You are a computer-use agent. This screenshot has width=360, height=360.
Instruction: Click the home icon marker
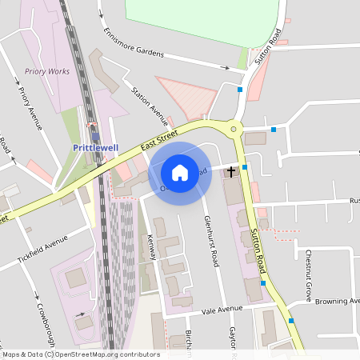[x=180, y=172]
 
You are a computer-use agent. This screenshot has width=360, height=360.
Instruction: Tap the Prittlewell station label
[x=95, y=149]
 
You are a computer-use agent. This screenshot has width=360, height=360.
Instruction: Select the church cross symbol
[x=232, y=171]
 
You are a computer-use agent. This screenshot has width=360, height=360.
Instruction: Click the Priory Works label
[x=47, y=71]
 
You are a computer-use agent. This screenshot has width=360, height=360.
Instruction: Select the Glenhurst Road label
[x=212, y=240]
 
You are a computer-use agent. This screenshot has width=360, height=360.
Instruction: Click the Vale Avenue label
[x=222, y=310]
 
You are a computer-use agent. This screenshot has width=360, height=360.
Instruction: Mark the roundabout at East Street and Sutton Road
[x=255, y=127]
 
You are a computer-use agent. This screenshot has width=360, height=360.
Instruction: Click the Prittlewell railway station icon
[x=96, y=136]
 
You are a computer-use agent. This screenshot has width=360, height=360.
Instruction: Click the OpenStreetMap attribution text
[x=80, y=354]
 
